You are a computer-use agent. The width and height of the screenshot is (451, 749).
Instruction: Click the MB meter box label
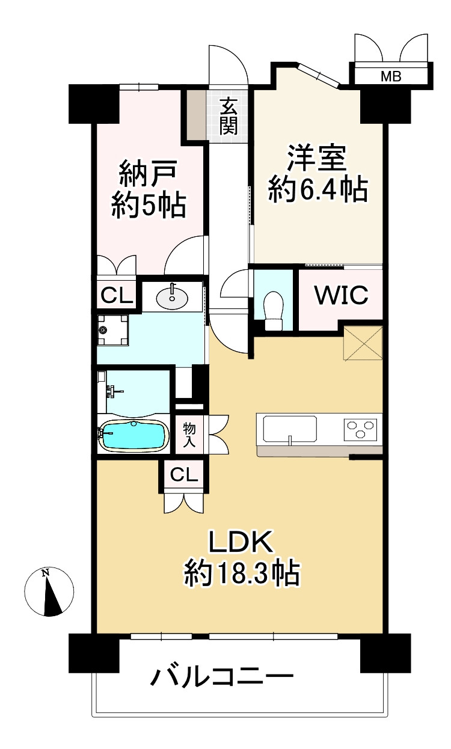(391, 77)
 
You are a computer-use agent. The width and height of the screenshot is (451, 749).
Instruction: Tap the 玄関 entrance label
(229, 115)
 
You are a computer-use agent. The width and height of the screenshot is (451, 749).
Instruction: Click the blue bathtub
(134, 436)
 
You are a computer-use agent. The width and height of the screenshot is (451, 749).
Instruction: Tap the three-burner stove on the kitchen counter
(360, 429)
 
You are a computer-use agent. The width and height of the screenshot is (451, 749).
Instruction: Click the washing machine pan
(113, 330)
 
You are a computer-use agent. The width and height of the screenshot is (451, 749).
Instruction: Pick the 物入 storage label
(189, 435)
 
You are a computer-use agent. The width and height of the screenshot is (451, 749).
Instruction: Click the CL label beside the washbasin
(117, 295)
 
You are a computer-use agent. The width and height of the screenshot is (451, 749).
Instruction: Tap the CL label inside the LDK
(184, 474)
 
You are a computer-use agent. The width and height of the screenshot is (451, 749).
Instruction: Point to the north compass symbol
(49, 591)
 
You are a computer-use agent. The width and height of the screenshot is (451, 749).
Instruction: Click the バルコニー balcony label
(222, 677)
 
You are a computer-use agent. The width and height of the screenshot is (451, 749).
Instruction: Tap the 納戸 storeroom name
(148, 173)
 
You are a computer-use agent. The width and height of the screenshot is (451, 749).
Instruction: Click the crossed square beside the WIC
(363, 343)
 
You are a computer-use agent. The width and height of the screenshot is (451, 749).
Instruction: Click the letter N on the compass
(45, 572)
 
